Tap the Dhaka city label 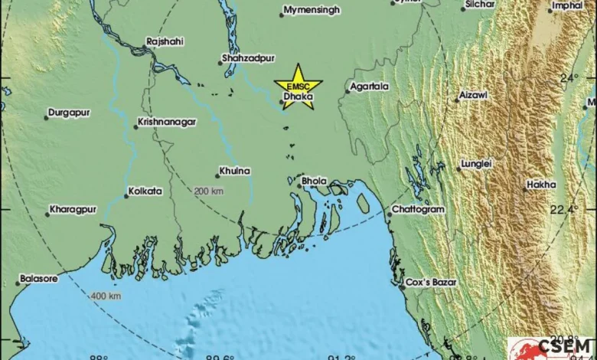(297, 97)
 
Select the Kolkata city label (145, 191)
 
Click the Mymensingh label (312, 11)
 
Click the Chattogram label (417, 209)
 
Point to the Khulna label (234, 171)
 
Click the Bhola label (315, 181)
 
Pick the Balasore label (38, 279)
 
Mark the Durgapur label (69, 113)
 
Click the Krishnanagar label (167, 122)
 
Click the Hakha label (540, 185)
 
